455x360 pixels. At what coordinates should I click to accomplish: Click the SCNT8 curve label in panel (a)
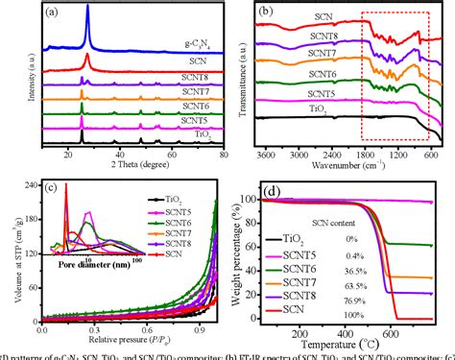click(x=195, y=78)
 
